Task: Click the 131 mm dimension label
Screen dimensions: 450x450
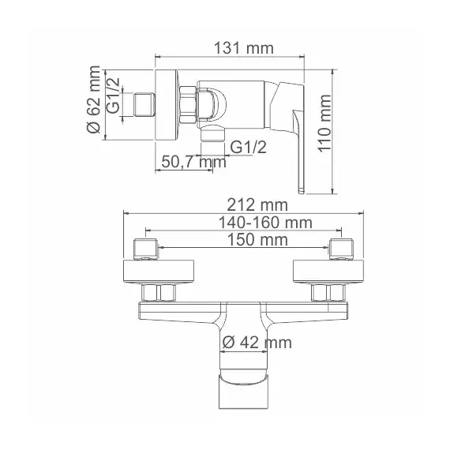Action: pos(243,48)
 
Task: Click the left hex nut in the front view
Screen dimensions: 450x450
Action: pos(166,294)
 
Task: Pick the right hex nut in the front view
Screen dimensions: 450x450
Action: pos(324,294)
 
